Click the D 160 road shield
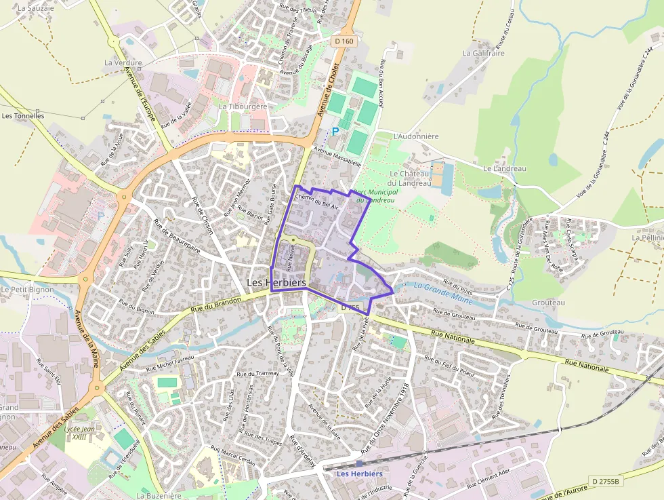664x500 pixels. (344, 41)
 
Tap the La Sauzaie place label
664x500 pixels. (35, 8)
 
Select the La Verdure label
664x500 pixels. (123, 62)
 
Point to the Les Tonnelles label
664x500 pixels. (23, 116)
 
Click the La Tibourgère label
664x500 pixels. (243, 107)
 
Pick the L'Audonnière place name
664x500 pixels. (416, 136)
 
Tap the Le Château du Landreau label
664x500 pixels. (410, 178)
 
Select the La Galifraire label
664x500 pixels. (483, 53)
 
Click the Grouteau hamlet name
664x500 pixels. (549, 303)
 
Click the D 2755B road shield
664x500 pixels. (605, 481)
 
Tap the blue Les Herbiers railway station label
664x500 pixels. (360, 474)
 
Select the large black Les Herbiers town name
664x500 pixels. (276, 282)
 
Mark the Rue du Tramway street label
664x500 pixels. (254, 374)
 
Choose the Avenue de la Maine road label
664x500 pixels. (87, 339)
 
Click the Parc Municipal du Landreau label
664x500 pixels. (376, 195)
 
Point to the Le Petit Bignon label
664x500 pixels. (23, 290)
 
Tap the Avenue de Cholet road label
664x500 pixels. (328, 91)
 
